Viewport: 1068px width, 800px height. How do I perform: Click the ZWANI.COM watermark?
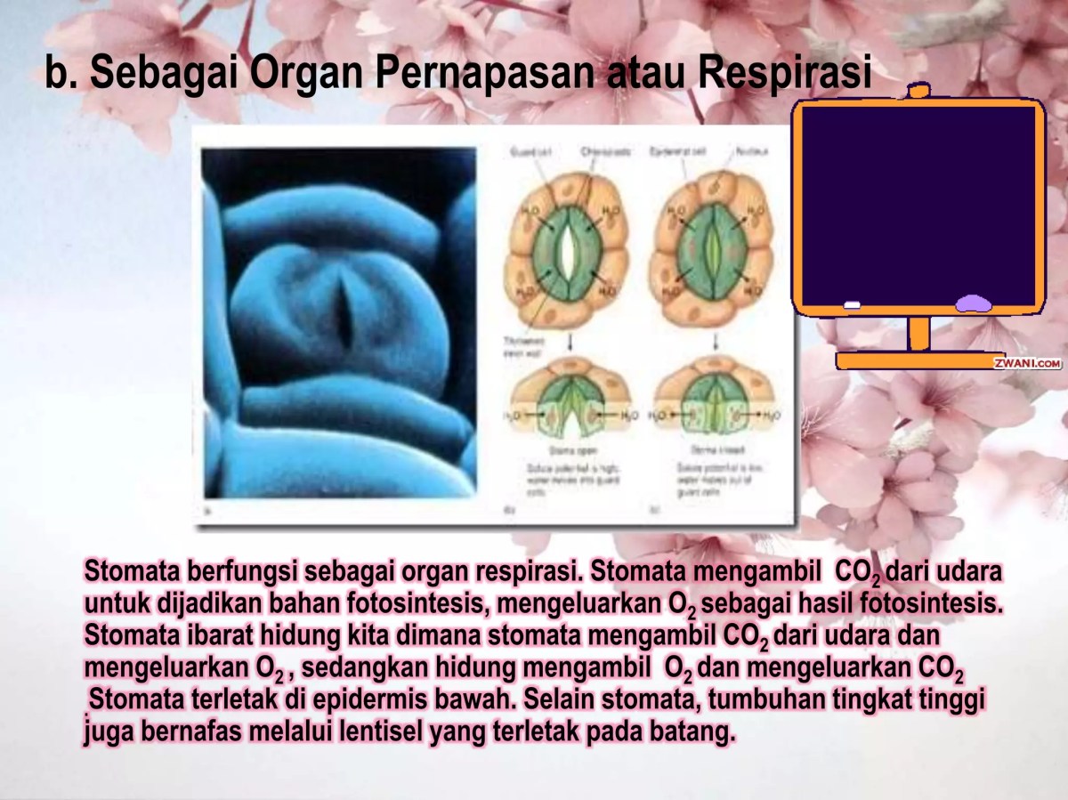pyautogui.click(x=1027, y=363)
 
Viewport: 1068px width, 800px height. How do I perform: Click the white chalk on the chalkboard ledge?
pyautogui.click(x=852, y=305)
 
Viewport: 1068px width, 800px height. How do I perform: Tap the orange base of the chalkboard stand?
pyautogui.click(x=919, y=360)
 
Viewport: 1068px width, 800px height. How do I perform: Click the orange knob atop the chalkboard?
pyautogui.click(x=919, y=90)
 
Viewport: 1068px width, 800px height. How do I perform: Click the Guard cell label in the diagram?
pyautogui.click(x=530, y=152)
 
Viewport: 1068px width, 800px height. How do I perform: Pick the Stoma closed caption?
pyautogui.click(x=702, y=451)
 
